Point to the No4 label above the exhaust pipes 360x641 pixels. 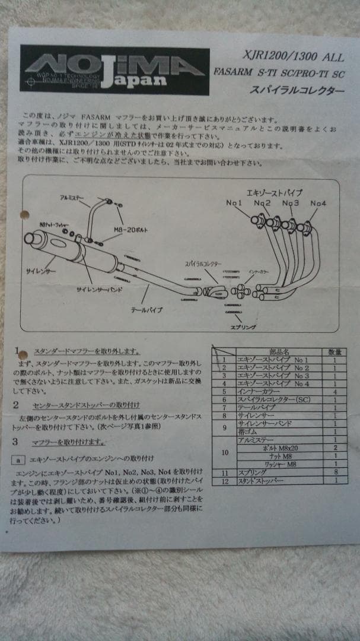pyautogui.click(x=318, y=204)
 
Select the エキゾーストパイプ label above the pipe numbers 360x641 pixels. pyautogui.click(x=274, y=193)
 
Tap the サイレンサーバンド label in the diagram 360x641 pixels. pyautogui.click(x=98, y=289)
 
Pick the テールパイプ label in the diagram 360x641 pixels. pyautogui.click(x=146, y=309)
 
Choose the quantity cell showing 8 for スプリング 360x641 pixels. pyautogui.click(x=335, y=473)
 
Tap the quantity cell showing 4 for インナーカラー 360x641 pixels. pyautogui.click(x=335, y=392)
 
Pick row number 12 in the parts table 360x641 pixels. pyautogui.click(x=224, y=481)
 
